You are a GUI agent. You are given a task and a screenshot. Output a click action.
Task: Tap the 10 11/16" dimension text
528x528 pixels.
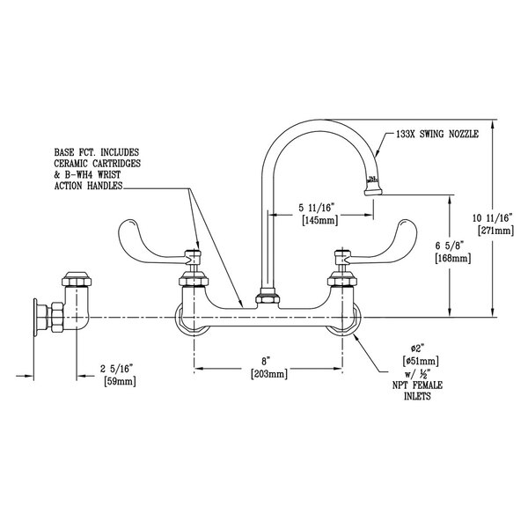pyautogui.click(x=489, y=216)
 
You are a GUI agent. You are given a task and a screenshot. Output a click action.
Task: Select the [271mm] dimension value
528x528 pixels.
pyautogui.click(x=489, y=230)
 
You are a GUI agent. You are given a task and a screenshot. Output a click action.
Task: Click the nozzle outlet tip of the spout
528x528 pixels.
pyautogui.click(x=373, y=185)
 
